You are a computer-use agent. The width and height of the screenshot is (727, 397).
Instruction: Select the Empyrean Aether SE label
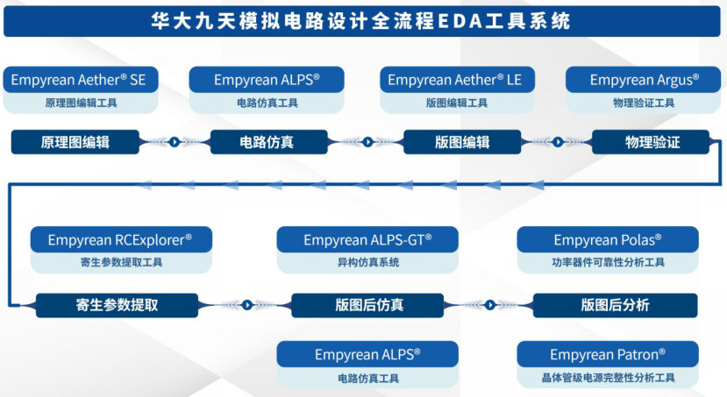tap(79, 80)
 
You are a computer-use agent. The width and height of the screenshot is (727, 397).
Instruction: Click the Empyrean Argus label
tap(645, 80)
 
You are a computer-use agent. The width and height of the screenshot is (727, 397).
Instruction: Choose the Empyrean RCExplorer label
tap(120, 239)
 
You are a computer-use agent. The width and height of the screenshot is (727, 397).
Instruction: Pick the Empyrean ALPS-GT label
tap(367, 239)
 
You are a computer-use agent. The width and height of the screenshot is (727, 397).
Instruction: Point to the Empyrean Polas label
tap(608, 239)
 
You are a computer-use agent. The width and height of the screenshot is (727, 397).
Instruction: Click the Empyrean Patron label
tap(608, 354)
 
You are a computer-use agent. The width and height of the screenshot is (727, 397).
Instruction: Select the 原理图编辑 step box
tap(75, 142)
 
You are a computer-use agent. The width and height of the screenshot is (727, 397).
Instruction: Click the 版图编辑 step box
tap(462, 142)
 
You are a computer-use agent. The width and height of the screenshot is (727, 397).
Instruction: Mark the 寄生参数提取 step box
tap(118, 305)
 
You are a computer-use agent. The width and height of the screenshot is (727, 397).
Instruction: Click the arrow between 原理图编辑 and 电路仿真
tap(175, 142)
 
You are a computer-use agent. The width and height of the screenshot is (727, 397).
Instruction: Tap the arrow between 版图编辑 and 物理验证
tap(557, 142)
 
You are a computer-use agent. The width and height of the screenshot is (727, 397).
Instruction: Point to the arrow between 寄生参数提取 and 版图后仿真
tap(247, 305)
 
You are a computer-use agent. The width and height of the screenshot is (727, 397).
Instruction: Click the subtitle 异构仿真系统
tap(367, 262)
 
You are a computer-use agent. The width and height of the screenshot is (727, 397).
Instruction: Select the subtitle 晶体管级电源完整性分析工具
tap(608, 378)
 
